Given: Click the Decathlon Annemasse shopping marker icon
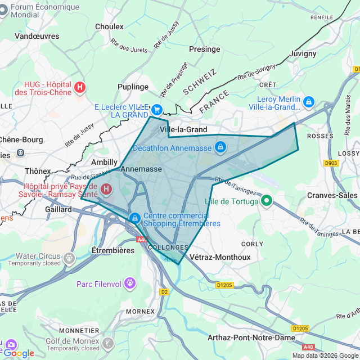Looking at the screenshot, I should tap(220, 147).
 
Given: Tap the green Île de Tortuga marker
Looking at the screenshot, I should tap(267, 200).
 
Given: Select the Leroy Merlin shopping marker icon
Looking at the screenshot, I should tap(308, 102).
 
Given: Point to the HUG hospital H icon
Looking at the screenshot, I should tap(80, 87).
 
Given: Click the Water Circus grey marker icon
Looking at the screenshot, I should tap(69, 258).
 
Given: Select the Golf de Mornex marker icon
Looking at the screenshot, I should tap(107, 341).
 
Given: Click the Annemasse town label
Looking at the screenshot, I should tap(141, 169).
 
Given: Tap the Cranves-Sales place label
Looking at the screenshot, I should tap(332, 195).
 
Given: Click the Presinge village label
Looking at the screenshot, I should tap(204, 49).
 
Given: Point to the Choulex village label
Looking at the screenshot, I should tap(109, 26).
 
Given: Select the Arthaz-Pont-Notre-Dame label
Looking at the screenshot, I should tap(251, 337).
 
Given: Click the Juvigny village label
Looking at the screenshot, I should tap(303, 54).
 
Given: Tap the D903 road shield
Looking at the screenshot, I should tap(332, 163).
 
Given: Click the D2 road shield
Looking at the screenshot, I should tap(164, 292).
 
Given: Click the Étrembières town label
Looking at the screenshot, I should tap(113, 250).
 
